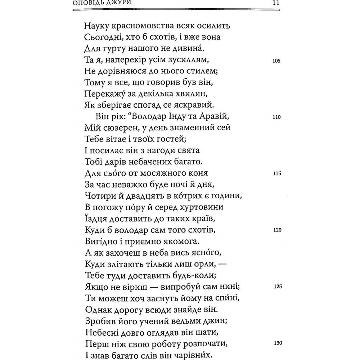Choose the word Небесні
click(x=105, y=332)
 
